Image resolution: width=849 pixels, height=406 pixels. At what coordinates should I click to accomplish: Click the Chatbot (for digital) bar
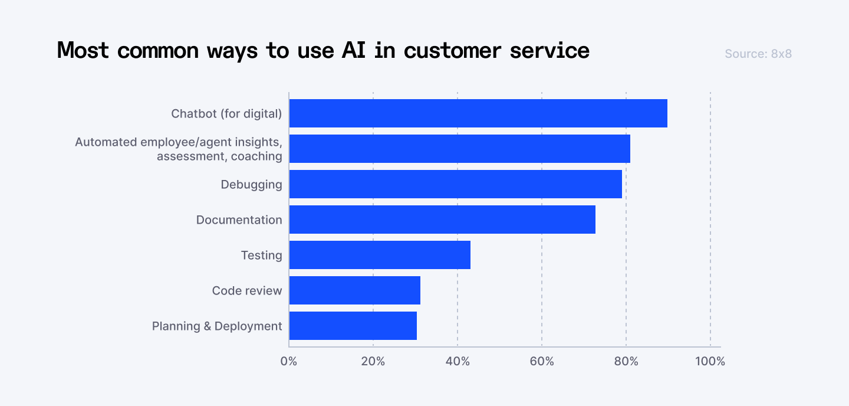(x=478, y=113)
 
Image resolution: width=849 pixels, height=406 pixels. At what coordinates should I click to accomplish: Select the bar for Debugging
(x=455, y=184)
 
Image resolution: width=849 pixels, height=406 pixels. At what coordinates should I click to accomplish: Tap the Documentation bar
(x=442, y=220)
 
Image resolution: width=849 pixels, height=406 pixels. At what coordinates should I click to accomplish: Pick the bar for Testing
(x=380, y=255)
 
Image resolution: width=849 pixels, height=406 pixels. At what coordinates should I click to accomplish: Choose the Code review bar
(x=354, y=290)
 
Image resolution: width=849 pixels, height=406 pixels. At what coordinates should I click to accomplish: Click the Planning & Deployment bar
(x=353, y=326)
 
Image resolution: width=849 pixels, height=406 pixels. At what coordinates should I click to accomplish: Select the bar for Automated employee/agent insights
(x=459, y=149)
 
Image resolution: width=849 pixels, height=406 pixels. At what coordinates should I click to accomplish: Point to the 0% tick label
(x=289, y=361)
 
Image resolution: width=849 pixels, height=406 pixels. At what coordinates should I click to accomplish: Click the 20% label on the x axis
(x=373, y=361)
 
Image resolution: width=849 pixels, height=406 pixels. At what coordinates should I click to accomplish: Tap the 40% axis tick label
(x=458, y=361)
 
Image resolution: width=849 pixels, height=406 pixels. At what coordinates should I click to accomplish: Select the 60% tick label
(x=542, y=361)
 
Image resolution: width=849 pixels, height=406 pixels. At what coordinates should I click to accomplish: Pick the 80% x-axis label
(x=626, y=361)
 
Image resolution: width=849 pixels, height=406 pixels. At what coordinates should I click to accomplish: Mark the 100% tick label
(x=710, y=361)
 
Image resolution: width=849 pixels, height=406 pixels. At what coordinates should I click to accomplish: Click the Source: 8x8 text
(x=758, y=54)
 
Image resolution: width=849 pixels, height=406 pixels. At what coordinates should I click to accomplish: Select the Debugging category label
(x=251, y=184)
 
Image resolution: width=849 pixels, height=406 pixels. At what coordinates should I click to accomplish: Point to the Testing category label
(x=261, y=255)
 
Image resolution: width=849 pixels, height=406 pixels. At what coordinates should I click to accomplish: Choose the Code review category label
(x=247, y=290)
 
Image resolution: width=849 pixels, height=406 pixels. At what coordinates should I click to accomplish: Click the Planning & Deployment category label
(x=217, y=326)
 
